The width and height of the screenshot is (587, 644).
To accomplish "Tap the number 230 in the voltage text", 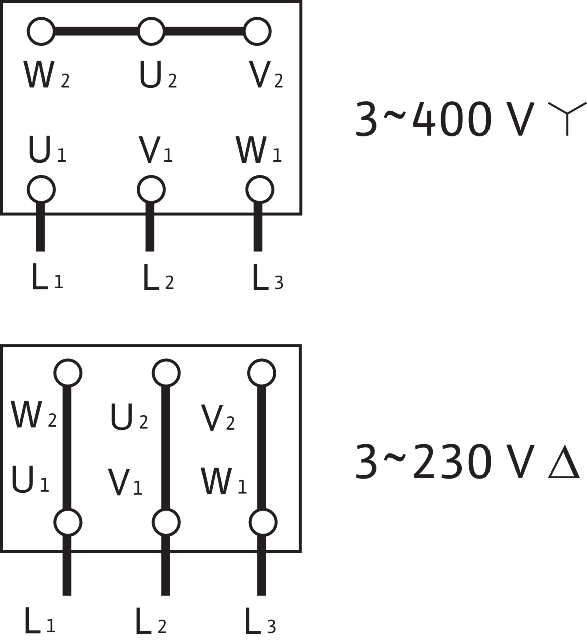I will [x=450, y=461].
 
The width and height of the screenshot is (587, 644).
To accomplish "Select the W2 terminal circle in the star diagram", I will [x=41, y=31].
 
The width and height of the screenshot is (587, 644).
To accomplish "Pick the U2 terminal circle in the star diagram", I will [x=151, y=31].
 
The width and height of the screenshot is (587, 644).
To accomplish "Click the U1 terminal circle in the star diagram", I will [x=41, y=190].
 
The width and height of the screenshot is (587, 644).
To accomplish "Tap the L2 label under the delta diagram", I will [x=150, y=621].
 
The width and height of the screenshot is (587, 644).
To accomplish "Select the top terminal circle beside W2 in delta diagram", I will [x=68, y=373].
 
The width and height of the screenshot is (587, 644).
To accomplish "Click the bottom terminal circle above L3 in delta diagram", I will [x=262, y=523].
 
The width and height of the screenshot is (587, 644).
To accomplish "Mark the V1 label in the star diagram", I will [x=155, y=150].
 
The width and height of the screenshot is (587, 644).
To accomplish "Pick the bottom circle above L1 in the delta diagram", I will [x=67, y=523].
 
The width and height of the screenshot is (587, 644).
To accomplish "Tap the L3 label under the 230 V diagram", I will [x=260, y=621].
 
